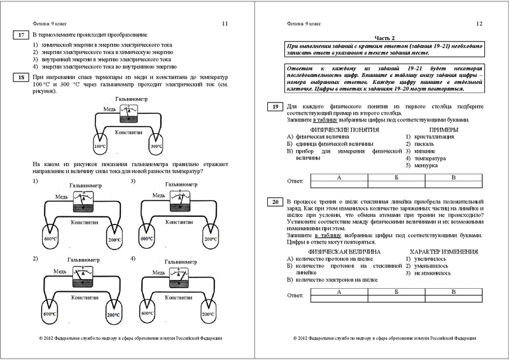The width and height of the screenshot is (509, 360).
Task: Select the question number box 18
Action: (x=22, y=77)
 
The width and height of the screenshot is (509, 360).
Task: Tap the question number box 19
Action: (x=275, y=107)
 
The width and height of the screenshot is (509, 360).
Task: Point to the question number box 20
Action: (x=275, y=202)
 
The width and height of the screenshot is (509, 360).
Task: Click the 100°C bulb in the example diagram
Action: (x=100, y=146)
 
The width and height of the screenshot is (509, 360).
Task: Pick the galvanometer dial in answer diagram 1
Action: (x=80, y=199)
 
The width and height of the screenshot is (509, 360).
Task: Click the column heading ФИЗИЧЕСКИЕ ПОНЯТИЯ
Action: (x=340, y=129)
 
